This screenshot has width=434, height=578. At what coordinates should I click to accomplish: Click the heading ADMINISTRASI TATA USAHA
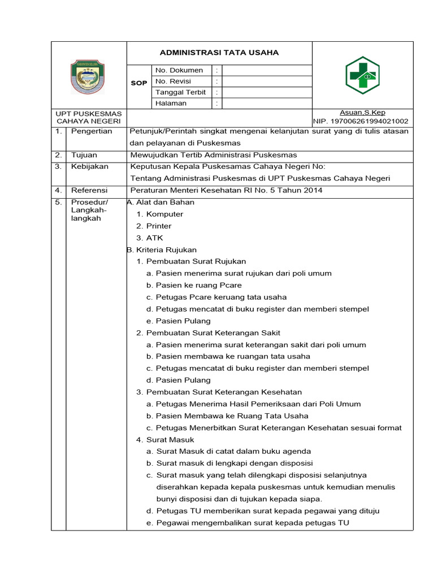pyautogui.click(x=219, y=53)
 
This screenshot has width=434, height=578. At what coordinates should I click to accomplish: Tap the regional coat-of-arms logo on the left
pyautogui.click(x=88, y=77)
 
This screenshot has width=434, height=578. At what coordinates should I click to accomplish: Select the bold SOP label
pyautogui.click(x=139, y=83)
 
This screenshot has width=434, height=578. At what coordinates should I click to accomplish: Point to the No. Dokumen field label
pyautogui.click(x=179, y=71)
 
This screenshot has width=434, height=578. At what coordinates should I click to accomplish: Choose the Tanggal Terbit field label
pyautogui.click(x=181, y=93)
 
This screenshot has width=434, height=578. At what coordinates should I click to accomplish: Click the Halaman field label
pyautogui.click(x=171, y=103)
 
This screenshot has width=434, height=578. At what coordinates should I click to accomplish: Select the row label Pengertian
pyautogui.click(x=92, y=131)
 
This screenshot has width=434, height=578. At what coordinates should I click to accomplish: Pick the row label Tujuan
pyautogui.click(x=84, y=155)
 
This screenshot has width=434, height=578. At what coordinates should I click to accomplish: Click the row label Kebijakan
pyautogui.click(x=90, y=167)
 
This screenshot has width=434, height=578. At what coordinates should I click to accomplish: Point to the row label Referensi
pyautogui.click(x=89, y=190)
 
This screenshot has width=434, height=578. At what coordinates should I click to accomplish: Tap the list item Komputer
pyautogui.click(x=164, y=214)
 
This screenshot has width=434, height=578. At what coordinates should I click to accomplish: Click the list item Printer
pyautogui.click(x=159, y=226)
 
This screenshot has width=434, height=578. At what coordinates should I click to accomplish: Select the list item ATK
pyautogui.click(x=154, y=238)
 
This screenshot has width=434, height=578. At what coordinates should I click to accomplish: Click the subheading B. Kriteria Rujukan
pyautogui.click(x=162, y=249)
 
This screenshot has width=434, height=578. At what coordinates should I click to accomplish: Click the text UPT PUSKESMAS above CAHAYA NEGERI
pyautogui.click(x=89, y=113)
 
